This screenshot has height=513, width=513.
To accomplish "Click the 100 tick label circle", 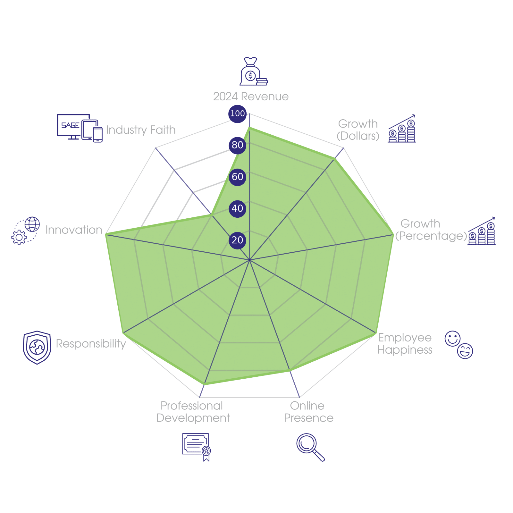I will (237, 114).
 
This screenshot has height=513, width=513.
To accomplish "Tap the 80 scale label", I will (237, 145).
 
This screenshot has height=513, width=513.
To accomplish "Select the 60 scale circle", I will (237, 177).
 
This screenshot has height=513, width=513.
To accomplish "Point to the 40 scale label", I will (237, 208).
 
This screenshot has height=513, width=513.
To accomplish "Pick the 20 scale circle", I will (237, 240).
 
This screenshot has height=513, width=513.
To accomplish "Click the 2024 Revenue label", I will (251, 97).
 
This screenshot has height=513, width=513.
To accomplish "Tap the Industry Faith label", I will (141, 130).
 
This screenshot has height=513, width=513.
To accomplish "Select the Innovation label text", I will (74, 230).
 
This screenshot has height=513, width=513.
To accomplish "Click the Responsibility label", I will (91, 343).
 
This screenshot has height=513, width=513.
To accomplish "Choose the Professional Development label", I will (193, 412).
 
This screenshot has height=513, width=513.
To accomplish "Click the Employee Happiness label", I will (405, 343).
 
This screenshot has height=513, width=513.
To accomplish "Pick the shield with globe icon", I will (37, 347).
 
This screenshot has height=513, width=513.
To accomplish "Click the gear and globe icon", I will (26, 231).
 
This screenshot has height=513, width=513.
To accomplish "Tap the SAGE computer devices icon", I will (80, 128).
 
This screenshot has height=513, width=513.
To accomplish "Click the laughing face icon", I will (465, 351).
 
